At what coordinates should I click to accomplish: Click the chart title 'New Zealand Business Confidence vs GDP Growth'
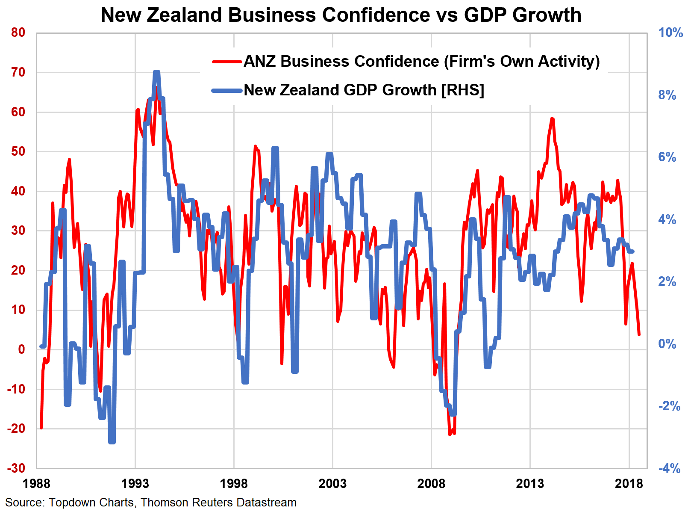[341, 15]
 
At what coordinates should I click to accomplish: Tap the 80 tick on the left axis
[18, 33]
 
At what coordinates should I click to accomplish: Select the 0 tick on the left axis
[21, 349]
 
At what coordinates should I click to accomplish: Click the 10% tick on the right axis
[670, 33]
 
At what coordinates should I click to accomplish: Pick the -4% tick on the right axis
[669, 468]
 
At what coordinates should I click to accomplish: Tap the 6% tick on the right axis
[667, 157]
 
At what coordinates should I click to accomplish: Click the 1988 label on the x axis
[36, 484]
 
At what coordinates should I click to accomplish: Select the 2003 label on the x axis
[332, 484]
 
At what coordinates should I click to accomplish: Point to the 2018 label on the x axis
[629, 484]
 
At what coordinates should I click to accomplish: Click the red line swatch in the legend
[227, 62]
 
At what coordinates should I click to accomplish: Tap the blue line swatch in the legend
[227, 90]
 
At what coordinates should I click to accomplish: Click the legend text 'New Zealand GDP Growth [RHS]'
[364, 90]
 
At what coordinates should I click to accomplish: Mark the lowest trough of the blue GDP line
[112, 442]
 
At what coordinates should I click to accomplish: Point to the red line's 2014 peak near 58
[552, 118]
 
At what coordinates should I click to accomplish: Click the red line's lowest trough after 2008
[450, 435]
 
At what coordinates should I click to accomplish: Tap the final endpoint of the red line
[639, 334]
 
